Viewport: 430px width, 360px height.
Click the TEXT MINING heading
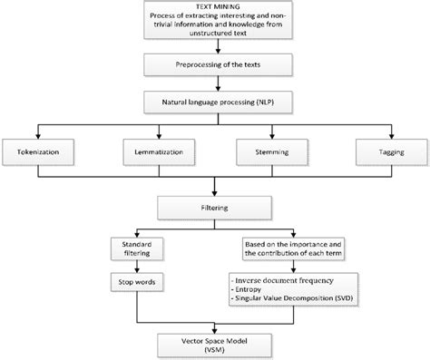click(213, 7)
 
